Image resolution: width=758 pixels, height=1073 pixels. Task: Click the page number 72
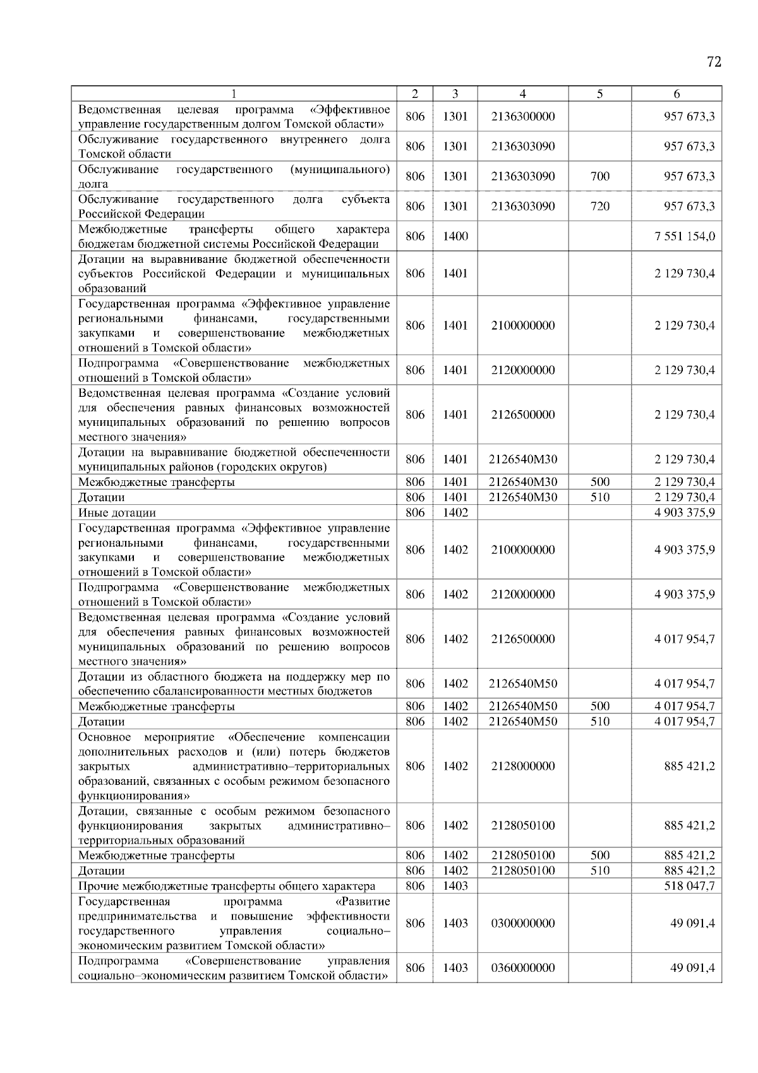(x=714, y=62)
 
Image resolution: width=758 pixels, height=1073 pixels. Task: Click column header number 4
(x=522, y=94)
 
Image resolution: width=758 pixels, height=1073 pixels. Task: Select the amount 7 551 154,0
(x=685, y=236)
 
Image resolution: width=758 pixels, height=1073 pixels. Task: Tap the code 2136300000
(x=522, y=116)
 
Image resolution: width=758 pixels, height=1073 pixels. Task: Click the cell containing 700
(x=599, y=176)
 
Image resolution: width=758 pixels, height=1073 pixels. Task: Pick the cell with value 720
(x=599, y=206)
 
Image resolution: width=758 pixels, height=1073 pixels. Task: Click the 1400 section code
(x=455, y=236)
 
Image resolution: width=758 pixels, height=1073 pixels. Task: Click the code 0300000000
(x=522, y=923)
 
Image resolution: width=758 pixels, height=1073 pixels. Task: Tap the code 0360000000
(x=522, y=968)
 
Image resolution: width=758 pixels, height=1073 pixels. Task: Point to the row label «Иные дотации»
(x=117, y=512)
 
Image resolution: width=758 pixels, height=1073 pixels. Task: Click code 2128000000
(x=522, y=767)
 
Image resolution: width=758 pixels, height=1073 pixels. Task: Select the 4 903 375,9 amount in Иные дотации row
(x=685, y=512)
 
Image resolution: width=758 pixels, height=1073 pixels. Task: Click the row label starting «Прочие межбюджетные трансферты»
(x=226, y=886)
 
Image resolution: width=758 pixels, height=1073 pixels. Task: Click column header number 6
(x=677, y=94)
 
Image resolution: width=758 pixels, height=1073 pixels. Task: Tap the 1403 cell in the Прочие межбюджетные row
(x=455, y=886)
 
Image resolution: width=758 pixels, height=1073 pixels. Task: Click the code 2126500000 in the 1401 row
(x=522, y=415)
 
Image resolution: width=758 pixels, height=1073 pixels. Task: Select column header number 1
(x=234, y=94)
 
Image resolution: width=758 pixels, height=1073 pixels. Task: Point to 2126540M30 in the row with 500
(x=522, y=482)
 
